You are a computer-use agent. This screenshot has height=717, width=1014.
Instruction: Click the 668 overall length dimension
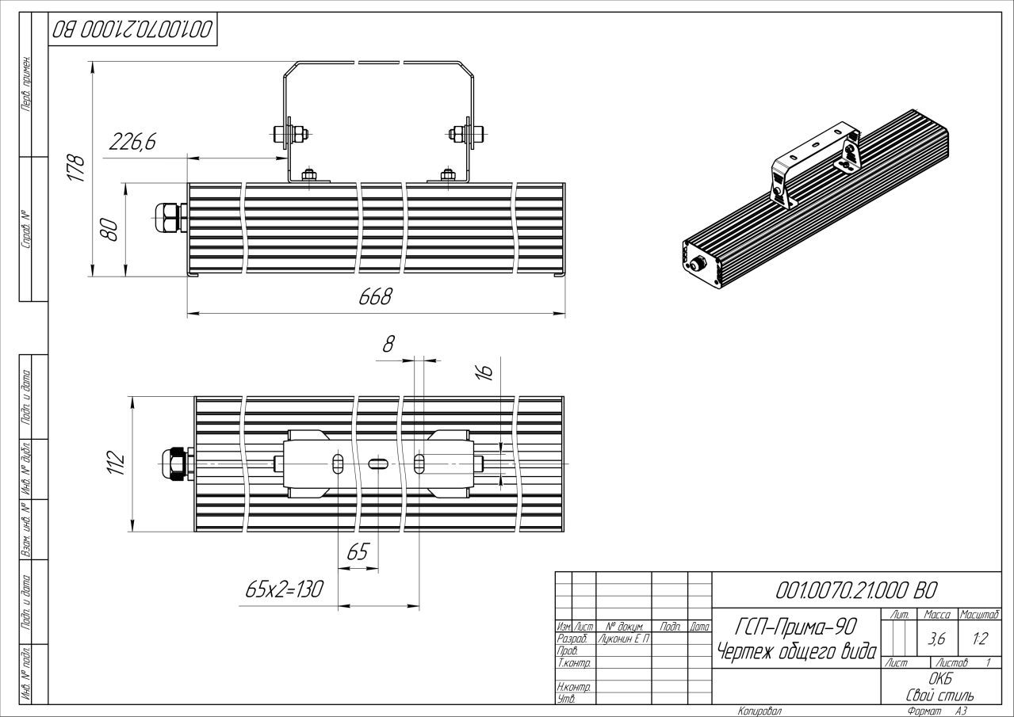(x=375, y=297)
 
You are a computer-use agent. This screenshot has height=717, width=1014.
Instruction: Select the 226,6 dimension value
(x=132, y=142)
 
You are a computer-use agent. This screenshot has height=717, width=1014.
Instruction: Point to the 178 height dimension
(x=75, y=168)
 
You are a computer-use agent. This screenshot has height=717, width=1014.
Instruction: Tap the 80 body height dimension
(x=109, y=229)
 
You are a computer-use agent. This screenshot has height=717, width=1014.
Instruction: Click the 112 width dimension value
(x=116, y=463)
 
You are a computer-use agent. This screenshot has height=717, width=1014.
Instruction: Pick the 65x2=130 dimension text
(x=285, y=589)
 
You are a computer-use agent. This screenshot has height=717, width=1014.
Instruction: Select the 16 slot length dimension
(x=484, y=372)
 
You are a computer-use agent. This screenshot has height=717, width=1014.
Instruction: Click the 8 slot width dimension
(x=388, y=345)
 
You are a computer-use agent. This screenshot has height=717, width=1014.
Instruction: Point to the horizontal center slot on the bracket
(x=378, y=463)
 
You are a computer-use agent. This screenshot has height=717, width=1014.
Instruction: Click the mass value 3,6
(x=936, y=639)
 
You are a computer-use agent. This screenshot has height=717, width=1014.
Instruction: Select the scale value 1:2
(x=980, y=639)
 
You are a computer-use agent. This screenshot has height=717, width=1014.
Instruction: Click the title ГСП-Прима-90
(x=796, y=627)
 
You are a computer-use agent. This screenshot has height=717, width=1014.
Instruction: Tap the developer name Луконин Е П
(x=623, y=639)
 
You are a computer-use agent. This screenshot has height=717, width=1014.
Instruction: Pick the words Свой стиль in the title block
(x=940, y=696)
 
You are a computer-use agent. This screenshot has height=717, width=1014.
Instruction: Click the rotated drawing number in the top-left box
(x=132, y=30)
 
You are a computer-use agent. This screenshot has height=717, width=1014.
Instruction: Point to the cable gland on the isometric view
(x=697, y=263)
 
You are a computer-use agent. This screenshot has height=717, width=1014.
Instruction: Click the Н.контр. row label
(x=573, y=687)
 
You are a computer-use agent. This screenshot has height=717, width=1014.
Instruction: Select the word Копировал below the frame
(x=760, y=711)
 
